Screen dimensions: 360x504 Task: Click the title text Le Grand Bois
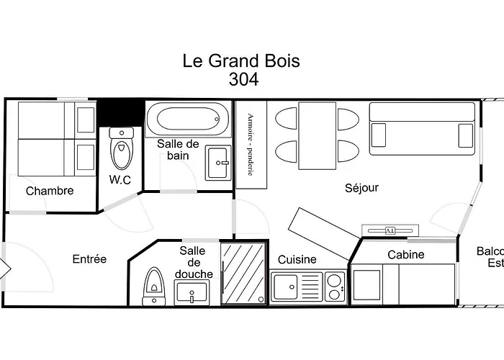[241, 61]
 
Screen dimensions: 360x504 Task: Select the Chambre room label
[50, 191]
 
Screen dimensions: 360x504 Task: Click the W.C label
[120, 180]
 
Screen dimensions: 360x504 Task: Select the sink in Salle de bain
[217, 163]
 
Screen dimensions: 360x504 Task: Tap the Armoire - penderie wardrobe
[251, 144]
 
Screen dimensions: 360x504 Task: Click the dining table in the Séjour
[317, 135]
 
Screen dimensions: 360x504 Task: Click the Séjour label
[361, 188]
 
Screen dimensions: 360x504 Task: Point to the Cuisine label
[297, 259]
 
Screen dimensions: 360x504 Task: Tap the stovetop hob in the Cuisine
[334, 285]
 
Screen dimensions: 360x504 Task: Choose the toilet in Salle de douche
[153, 286]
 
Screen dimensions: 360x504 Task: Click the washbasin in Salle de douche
[191, 293]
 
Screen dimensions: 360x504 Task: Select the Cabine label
[406, 254]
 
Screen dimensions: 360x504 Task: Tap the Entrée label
[89, 259]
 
